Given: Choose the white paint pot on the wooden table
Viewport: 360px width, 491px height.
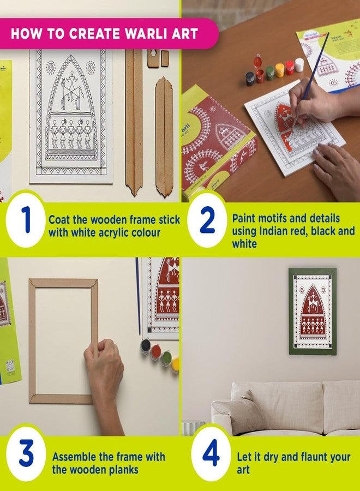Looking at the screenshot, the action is [299, 64].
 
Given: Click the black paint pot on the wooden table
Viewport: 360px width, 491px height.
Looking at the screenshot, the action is [250, 78].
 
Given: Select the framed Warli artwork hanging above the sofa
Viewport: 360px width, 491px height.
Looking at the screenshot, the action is [313, 312].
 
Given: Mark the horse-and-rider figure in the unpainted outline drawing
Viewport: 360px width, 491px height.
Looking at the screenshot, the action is [71, 90].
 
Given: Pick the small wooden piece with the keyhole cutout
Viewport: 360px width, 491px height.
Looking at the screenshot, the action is [153, 58].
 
